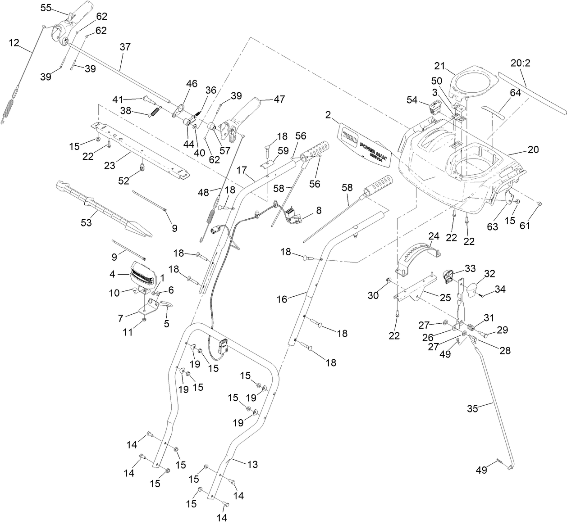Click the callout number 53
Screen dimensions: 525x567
click(86, 222)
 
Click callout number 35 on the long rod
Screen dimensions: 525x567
click(472, 409)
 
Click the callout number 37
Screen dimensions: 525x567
click(125, 47)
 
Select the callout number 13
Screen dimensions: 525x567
click(252, 465)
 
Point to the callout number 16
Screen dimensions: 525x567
click(282, 299)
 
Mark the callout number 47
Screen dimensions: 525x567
click(279, 99)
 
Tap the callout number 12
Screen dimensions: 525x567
click(14, 43)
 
